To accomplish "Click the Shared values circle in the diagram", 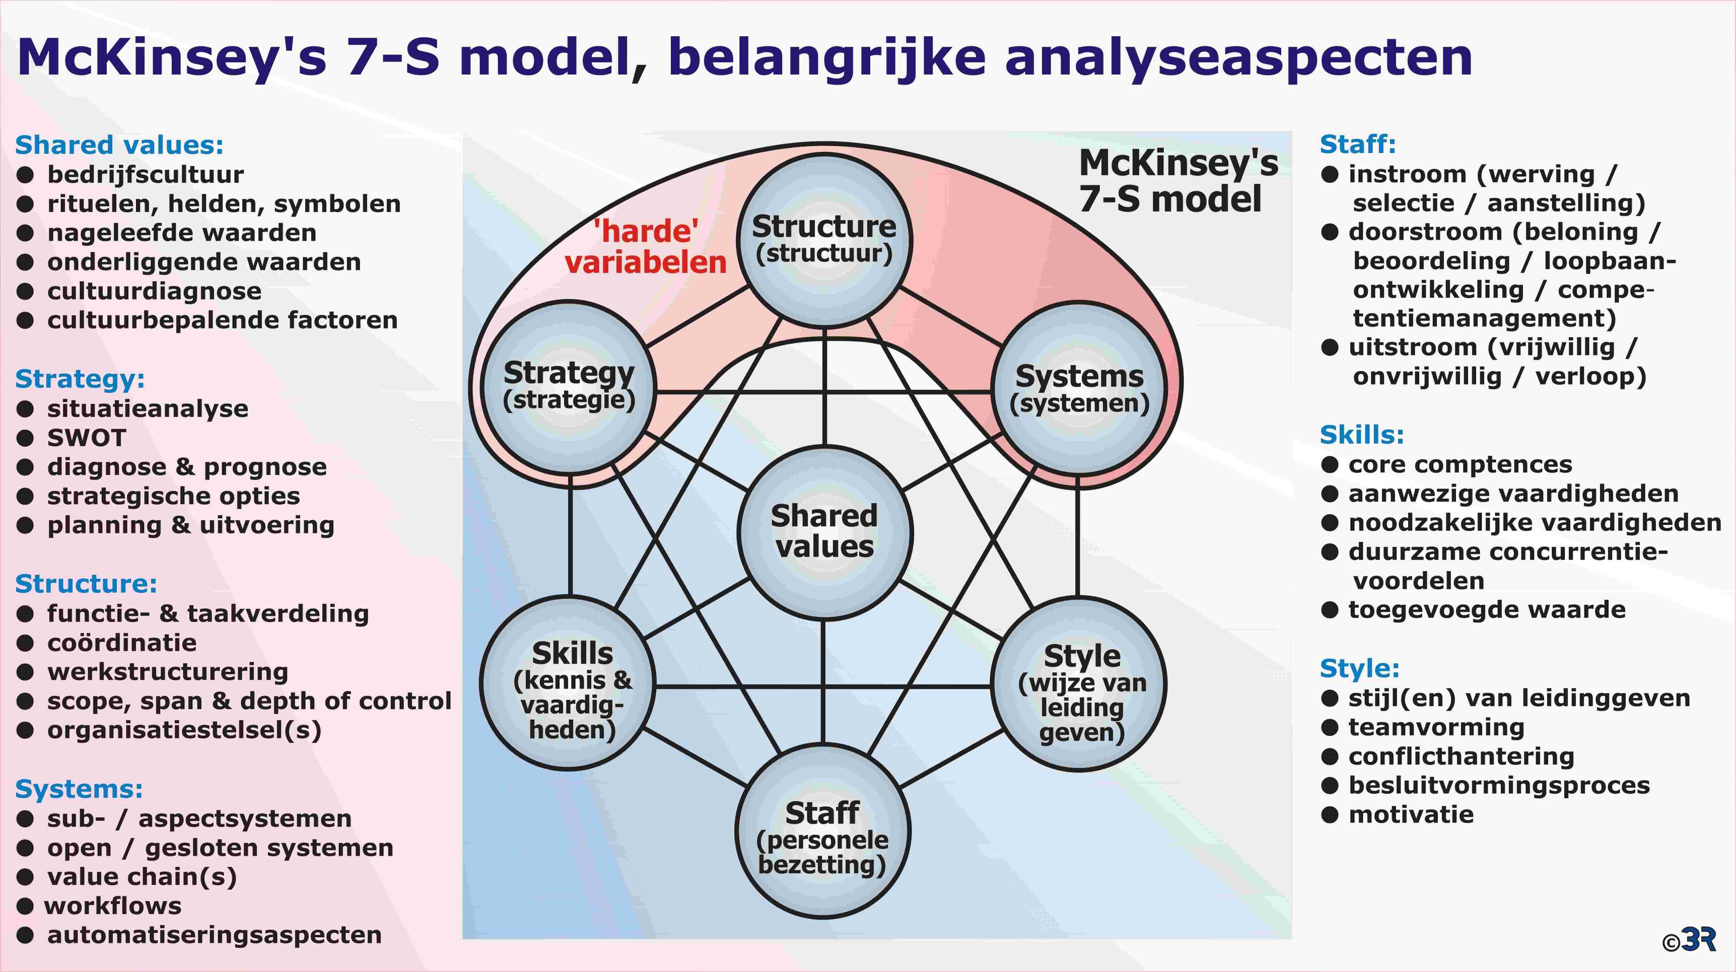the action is click(x=824, y=532).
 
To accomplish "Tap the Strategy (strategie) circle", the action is click(x=570, y=387).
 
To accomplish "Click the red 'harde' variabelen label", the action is click(x=646, y=247).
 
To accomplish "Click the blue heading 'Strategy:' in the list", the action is click(x=80, y=379).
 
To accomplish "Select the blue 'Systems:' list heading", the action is click(x=79, y=789).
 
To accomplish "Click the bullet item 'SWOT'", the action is click(x=86, y=438).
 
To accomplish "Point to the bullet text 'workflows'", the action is click(x=112, y=905).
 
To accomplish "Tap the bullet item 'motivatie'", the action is click(x=1411, y=814).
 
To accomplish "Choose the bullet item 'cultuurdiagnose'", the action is click(x=154, y=291).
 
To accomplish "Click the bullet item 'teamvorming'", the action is click(x=1437, y=727).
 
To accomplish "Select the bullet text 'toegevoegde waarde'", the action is click(x=1487, y=610).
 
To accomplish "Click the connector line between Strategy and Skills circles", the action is click(x=570, y=536).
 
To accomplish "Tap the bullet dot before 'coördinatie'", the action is click(x=25, y=643).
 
